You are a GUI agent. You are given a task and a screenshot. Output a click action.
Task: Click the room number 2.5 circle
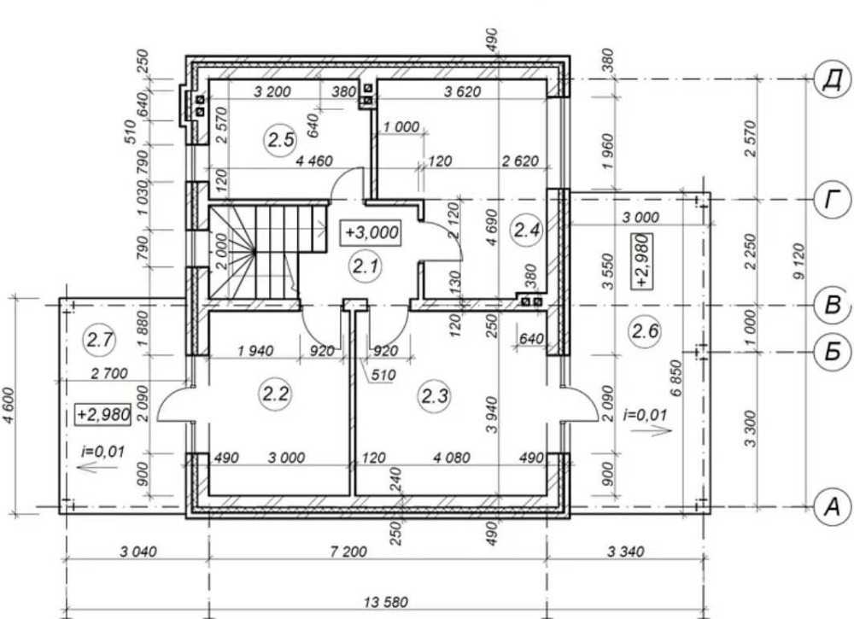point(281,141)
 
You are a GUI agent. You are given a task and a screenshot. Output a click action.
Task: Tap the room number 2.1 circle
point(365,266)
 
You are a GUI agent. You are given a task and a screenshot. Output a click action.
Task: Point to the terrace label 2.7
point(100,341)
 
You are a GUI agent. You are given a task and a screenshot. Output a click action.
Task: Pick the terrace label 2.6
point(645,330)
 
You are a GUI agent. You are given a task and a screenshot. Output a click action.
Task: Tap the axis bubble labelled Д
point(832,80)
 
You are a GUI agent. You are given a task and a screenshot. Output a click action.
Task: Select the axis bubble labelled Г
point(832,200)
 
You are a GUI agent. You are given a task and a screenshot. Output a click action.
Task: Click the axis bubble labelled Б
point(832,353)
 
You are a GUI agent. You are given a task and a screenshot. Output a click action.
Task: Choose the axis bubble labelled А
point(832,507)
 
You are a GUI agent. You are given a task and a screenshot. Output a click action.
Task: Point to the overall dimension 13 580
point(386,602)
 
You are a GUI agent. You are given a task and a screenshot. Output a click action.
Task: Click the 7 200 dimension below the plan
point(348,552)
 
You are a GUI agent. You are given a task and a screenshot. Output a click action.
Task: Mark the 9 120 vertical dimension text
point(798,261)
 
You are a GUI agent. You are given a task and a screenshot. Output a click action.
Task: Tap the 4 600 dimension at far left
point(9,406)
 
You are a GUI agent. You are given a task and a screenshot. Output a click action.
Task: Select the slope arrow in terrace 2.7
point(92,467)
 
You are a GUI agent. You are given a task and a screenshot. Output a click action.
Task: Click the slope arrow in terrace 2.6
point(652,430)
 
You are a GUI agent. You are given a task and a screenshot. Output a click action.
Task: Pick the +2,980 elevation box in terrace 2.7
point(103,414)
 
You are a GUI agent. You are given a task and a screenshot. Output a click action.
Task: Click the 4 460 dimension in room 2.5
point(313,161)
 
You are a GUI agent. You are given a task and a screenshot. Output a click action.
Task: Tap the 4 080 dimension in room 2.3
point(452,458)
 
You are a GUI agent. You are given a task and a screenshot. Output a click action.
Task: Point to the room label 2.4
point(527,231)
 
